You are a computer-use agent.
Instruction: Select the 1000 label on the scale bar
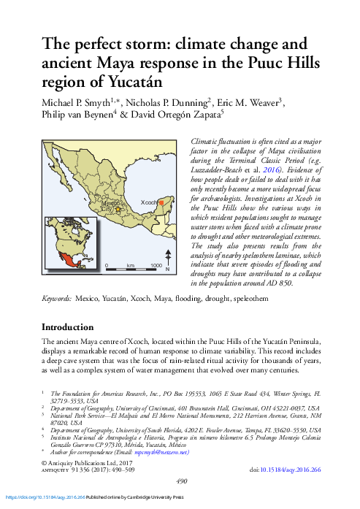(156, 265)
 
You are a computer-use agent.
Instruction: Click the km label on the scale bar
(131, 265)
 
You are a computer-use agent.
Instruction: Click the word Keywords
(56, 299)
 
